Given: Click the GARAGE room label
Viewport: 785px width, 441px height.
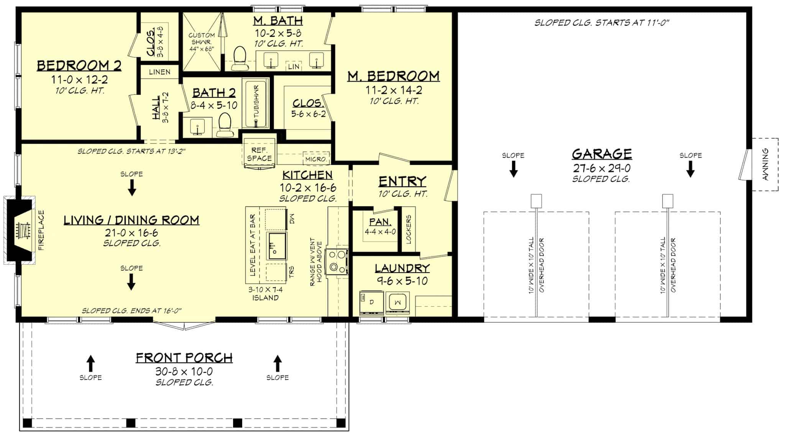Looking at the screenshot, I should click(602, 154).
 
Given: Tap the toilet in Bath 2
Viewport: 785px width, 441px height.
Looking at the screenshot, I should click(225, 125).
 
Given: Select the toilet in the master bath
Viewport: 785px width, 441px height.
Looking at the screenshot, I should click(240, 58).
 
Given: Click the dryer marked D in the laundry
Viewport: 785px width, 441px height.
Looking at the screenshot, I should click(371, 303).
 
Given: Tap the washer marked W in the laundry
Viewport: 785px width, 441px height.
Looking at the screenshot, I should click(398, 303).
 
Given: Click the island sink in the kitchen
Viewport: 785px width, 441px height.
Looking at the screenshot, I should click(276, 245).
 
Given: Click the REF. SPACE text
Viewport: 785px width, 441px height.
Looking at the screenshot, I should click(259, 154).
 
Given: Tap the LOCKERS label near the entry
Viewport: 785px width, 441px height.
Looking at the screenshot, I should click(409, 229).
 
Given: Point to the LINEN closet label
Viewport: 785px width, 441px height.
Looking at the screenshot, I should click(159, 72).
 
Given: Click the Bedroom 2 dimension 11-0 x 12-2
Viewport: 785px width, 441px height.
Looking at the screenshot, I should click(79, 80).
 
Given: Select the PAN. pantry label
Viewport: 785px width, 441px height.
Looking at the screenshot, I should click(380, 222).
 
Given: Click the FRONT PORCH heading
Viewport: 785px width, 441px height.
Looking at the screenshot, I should click(184, 358).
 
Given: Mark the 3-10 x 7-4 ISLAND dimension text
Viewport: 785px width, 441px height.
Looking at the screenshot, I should click(265, 293).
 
